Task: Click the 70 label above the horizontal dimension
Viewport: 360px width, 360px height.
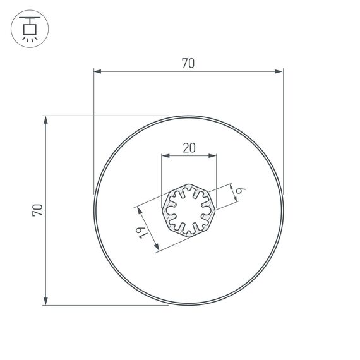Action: click(x=188, y=63)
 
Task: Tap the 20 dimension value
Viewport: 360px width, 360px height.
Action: click(x=189, y=148)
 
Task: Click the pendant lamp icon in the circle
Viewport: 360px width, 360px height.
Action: click(x=29, y=29)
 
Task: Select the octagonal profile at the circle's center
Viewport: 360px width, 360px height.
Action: click(x=189, y=210)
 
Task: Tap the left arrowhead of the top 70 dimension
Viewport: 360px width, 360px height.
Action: click(x=97, y=72)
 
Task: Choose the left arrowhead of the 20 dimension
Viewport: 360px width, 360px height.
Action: click(x=165, y=155)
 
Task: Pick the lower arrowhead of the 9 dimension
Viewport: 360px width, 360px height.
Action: click(x=238, y=200)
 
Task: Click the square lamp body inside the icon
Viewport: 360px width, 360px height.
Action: click(x=29, y=29)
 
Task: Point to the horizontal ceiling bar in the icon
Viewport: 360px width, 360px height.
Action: click(x=29, y=20)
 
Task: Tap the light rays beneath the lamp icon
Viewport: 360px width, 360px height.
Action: click(x=29, y=39)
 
